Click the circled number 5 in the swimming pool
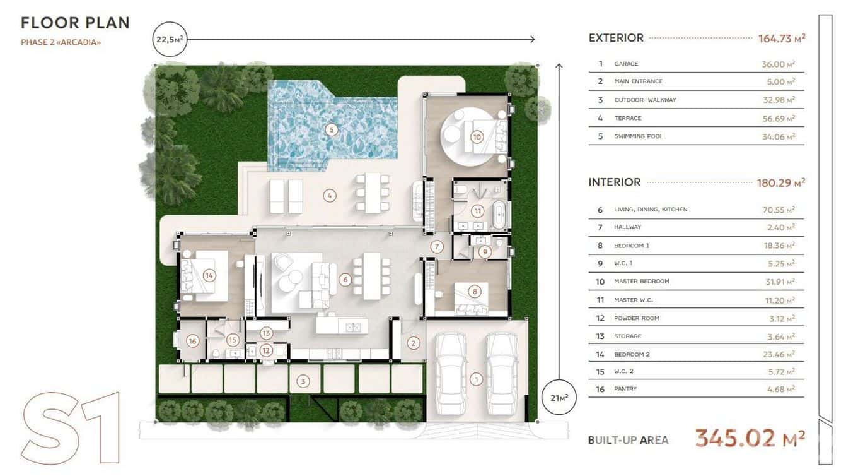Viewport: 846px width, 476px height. (331, 130)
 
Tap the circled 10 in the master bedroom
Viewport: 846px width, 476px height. (477, 137)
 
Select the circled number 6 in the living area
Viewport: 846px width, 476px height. (345, 280)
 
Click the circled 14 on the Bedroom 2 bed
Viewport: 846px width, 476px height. (209, 276)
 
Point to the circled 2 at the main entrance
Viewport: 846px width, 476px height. (413, 343)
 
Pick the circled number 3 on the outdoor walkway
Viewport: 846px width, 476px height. (303, 381)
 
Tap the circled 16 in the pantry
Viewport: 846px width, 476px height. (193, 342)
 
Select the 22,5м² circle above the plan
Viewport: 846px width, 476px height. (170, 39)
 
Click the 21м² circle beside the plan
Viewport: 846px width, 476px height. (559, 397)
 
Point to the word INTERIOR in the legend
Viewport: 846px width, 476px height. (615, 182)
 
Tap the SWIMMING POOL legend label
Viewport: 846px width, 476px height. (639, 136)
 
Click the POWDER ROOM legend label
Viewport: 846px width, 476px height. (636, 318)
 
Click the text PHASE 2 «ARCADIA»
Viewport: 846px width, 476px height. (61, 42)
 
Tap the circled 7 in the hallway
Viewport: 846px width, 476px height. (437, 247)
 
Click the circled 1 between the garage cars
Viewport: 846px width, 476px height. (476, 379)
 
